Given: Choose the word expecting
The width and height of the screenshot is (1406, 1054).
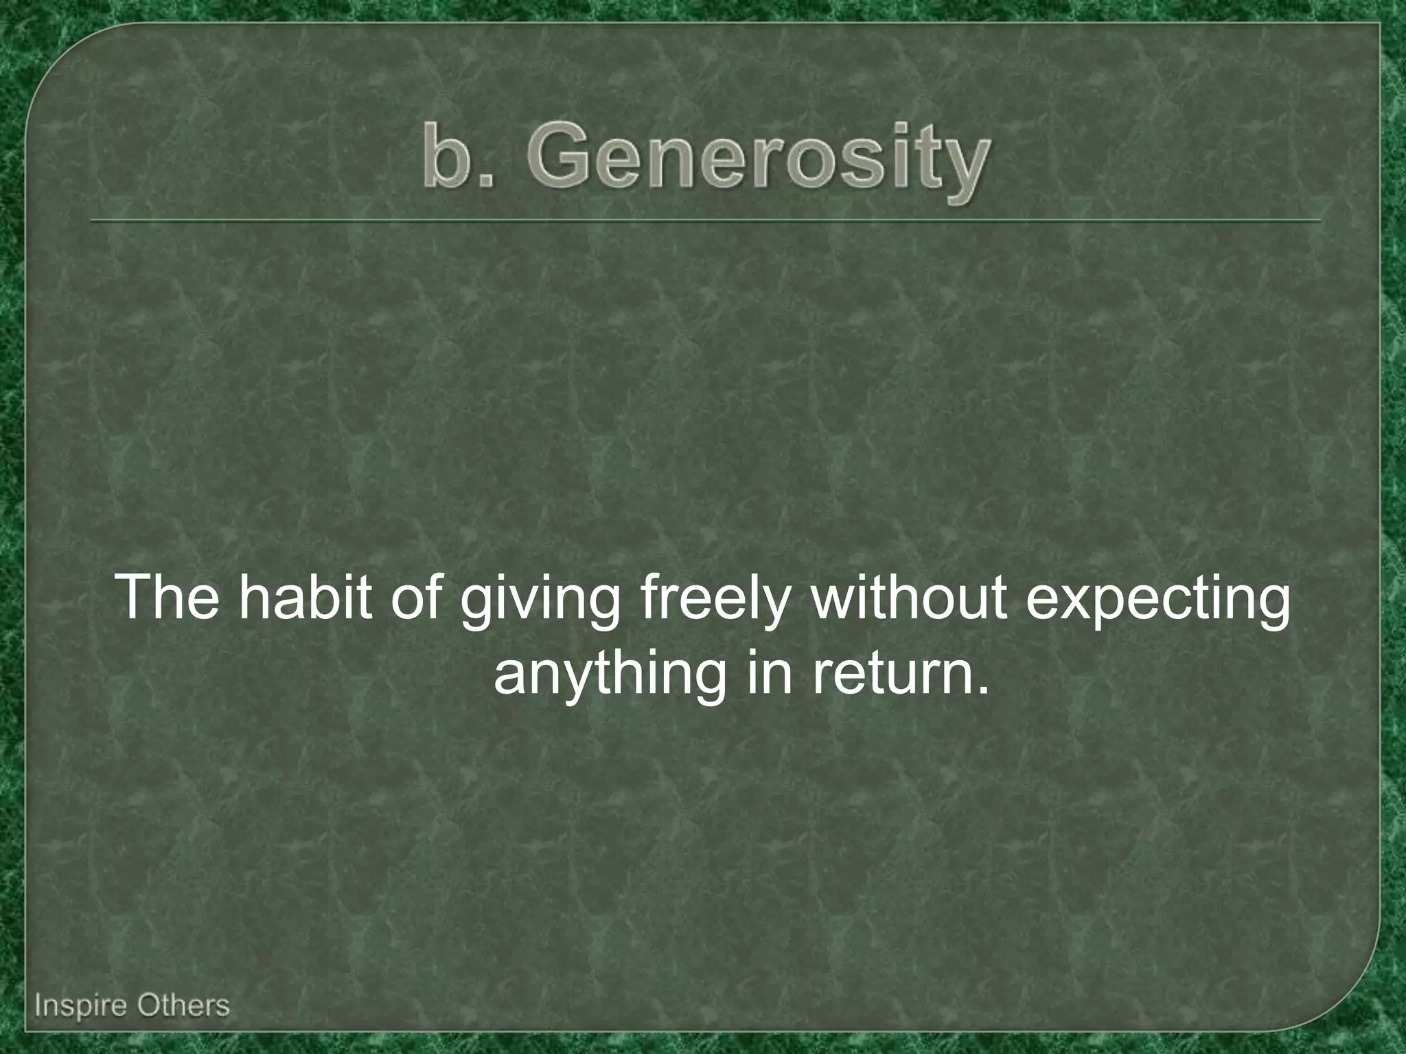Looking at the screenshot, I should click(1157, 604).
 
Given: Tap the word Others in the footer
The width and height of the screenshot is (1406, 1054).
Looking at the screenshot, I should click(183, 1006).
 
